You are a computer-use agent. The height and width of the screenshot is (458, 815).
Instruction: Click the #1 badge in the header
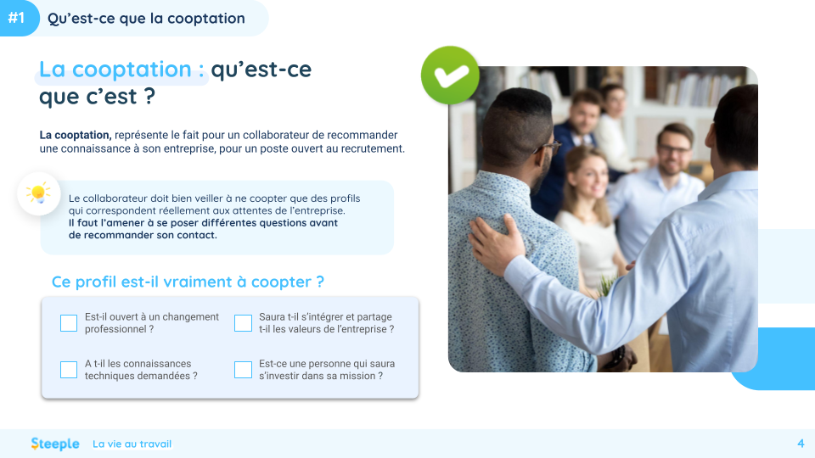17,18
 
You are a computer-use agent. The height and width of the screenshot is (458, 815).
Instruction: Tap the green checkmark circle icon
450,75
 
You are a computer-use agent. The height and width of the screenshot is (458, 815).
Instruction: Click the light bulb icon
38,194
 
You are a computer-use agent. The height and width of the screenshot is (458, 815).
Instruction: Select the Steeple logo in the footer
55,444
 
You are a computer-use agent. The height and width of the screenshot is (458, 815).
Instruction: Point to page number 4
801,444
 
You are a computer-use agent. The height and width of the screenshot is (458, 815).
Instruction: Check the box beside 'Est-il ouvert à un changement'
69,323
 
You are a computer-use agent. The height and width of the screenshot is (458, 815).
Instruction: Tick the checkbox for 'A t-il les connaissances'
69,370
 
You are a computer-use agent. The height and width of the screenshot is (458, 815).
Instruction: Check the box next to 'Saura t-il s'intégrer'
243,323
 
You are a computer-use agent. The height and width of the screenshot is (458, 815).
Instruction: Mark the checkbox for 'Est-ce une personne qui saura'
243,370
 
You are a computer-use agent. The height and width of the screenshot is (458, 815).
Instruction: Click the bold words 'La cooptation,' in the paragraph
76,135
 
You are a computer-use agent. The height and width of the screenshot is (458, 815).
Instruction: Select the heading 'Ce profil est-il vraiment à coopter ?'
188,282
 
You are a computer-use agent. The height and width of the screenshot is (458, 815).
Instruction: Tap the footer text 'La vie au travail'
132,444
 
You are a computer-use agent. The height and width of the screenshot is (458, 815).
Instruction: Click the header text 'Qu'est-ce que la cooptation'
146,18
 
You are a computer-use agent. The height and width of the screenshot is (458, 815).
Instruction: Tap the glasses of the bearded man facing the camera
674,149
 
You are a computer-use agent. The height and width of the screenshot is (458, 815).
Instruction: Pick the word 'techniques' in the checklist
108,376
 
